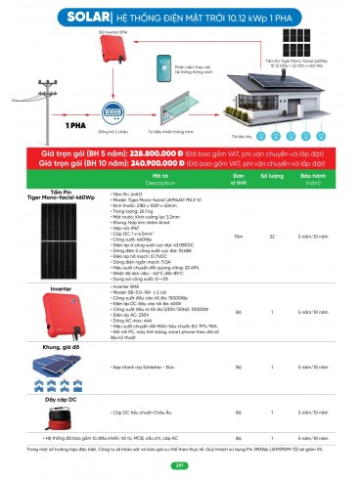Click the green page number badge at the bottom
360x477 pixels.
pos(179,465)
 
